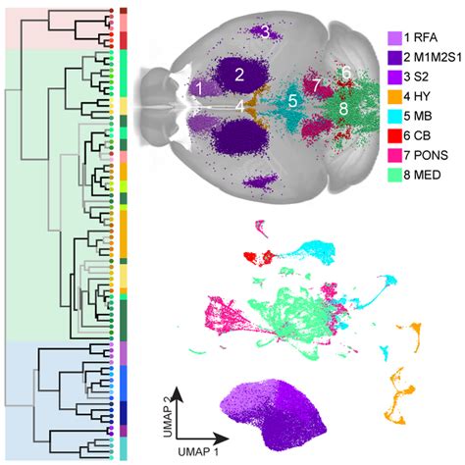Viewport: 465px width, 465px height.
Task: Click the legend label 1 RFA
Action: (425, 39)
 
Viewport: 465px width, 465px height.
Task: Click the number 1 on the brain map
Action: (199, 87)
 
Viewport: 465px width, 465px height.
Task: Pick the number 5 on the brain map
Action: (292, 100)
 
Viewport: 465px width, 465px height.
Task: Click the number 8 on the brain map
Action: (342, 106)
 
